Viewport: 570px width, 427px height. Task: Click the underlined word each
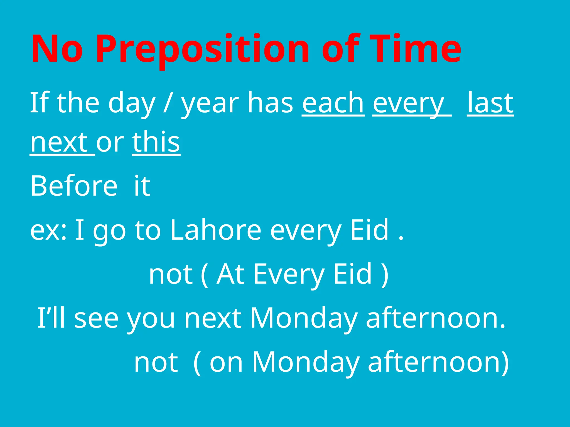tap(333, 103)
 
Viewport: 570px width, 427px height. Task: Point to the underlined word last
tap(490, 103)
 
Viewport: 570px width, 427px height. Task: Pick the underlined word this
tap(156, 142)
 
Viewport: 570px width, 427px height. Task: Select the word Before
tap(74, 185)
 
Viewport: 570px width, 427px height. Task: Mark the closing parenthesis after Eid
tap(385, 275)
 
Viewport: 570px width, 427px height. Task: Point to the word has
tap(270, 103)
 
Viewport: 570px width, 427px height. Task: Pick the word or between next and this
tap(110, 143)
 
